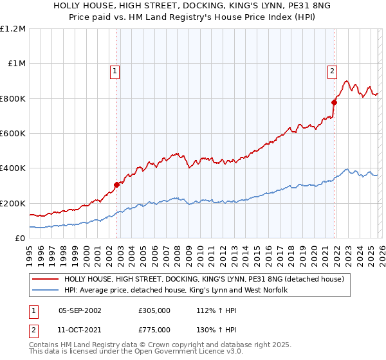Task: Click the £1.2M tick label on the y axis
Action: click(x=14, y=29)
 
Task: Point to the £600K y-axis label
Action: click(x=13, y=134)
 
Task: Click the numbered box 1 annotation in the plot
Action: click(x=115, y=71)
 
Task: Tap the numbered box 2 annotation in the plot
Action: click(x=333, y=71)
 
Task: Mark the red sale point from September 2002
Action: click(x=116, y=185)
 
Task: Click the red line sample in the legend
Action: click(x=46, y=280)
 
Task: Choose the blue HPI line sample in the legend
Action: click(x=46, y=291)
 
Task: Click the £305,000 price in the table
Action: click(x=154, y=310)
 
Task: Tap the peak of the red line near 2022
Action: click(x=346, y=82)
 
